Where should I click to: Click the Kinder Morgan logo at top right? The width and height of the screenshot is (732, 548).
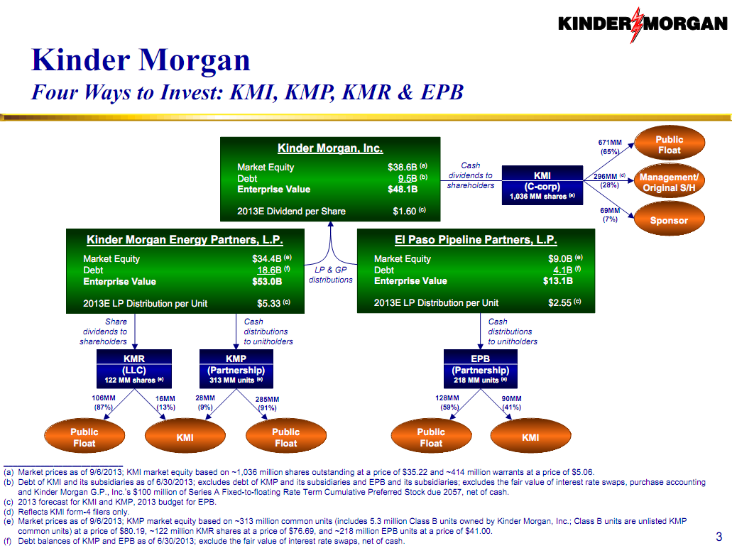pyautogui.click(x=644, y=23)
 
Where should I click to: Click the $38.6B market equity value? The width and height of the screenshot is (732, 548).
pyautogui.click(x=402, y=168)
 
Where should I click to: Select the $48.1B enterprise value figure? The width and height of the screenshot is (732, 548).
pyautogui.click(x=403, y=190)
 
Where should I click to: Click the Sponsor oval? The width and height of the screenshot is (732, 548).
pyautogui.click(x=669, y=221)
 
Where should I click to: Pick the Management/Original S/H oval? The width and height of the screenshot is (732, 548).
pyautogui.click(x=669, y=182)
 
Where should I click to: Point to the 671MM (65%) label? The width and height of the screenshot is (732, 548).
pyautogui.click(x=611, y=146)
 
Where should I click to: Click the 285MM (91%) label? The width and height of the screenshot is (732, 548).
pyautogui.click(x=267, y=403)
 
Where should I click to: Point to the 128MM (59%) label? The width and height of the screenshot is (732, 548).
pyautogui.click(x=447, y=403)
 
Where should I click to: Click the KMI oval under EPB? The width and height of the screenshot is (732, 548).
pyautogui.click(x=530, y=437)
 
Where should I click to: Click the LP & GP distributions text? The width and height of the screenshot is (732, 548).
pyautogui.click(x=330, y=275)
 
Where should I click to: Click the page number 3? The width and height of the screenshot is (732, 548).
pyautogui.click(x=719, y=536)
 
